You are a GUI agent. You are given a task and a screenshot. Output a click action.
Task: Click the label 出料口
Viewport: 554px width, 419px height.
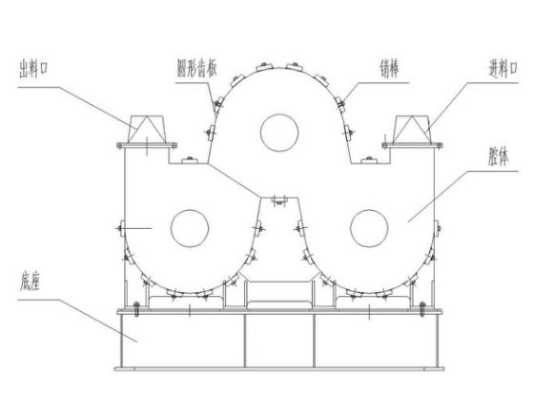pos(33,70)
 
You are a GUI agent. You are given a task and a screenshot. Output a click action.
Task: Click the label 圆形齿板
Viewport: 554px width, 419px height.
pos(196,69)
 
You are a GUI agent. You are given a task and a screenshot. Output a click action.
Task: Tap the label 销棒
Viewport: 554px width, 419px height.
pos(389,69)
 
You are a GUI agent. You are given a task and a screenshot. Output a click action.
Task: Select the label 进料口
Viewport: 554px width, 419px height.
pos(503,70)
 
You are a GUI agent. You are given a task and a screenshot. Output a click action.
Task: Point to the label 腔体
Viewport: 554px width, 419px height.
pos(499,157)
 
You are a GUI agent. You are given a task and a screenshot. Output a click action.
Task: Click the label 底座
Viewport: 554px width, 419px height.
pos(30,282)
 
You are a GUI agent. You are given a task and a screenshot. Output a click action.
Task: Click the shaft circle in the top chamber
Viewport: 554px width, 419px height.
pos(279,133)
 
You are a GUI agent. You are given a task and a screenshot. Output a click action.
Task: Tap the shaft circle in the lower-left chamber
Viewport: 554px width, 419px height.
pos(190,228)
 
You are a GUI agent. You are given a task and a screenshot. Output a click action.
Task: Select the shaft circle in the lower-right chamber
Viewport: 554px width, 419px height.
pos(369,228)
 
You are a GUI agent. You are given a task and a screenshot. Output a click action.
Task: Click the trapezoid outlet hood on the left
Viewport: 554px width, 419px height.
pos(147,129)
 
